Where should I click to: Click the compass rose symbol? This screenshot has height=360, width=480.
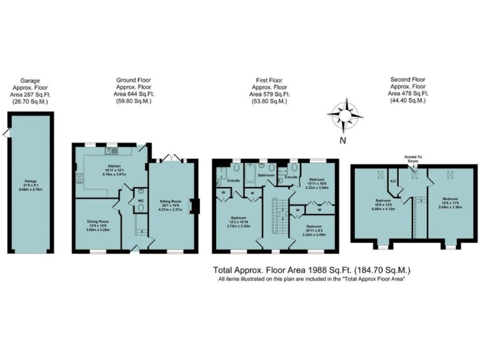[344, 114]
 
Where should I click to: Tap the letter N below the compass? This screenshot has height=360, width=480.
[342, 141]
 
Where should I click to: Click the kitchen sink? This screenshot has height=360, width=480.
[112, 151]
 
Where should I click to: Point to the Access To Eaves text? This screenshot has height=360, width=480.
[413, 159]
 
